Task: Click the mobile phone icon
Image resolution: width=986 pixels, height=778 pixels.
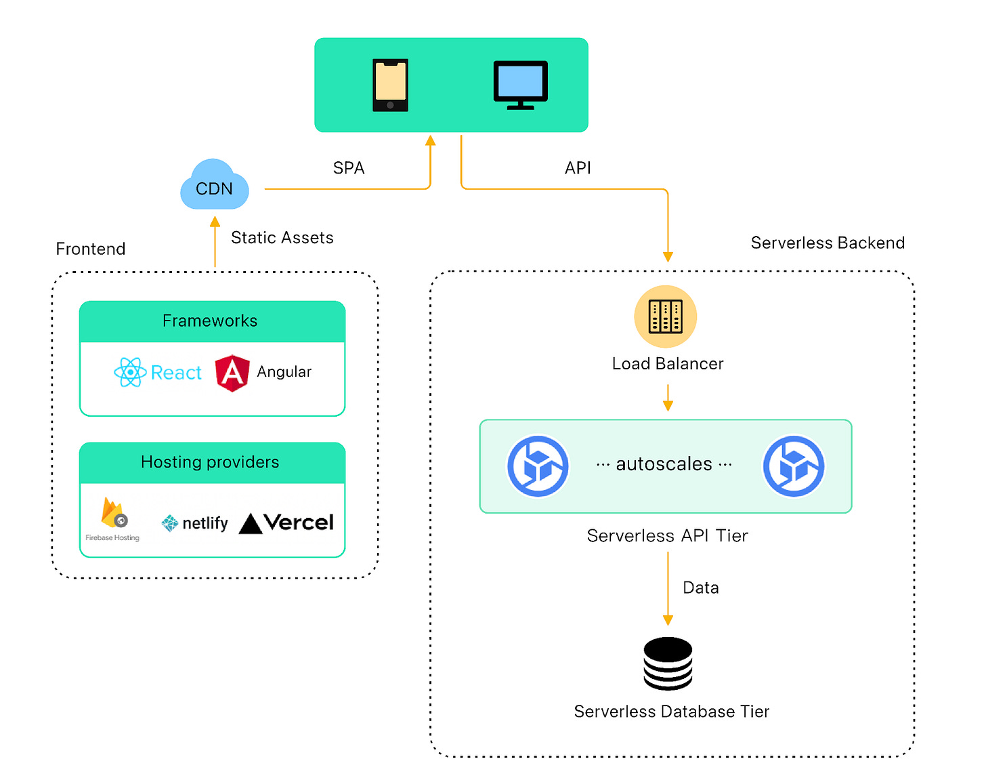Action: pyautogui.click(x=390, y=85)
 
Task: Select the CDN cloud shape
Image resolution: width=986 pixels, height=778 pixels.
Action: pyautogui.click(x=215, y=186)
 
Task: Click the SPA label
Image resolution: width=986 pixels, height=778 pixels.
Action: pyautogui.click(x=349, y=168)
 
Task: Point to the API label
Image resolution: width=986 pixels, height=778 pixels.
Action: pyautogui.click(x=578, y=168)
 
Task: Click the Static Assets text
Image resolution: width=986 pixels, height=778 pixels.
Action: pyautogui.click(x=282, y=238)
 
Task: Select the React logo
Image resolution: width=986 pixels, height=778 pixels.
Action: pyautogui.click(x=158, y=372)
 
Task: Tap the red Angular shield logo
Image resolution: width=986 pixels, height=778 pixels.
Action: pyautogui.click(x=232, y=373)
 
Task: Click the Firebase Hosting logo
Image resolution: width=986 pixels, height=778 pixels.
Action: pyautogui.click(x=113, y=519)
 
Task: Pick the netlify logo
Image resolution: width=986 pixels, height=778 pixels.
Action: pyautogui.click(x=194, y=523)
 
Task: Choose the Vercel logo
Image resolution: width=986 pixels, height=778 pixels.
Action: pyautogui.click(x=286, y=523)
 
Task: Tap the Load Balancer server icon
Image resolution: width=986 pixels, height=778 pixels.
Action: pyautogui.click(x=665, y=316)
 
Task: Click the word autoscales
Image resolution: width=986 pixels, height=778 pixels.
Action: pyautogui.click(x=664, y=464)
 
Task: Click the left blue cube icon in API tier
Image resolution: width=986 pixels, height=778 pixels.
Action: pyautogui.click(x=538, y=466)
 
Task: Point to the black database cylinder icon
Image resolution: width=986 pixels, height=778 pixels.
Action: pyautogui.click(x=668, y=663)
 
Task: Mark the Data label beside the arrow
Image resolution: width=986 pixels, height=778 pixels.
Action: pyautogui.click(x=700, y=588)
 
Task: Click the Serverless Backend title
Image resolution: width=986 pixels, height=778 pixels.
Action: pyautogui.click(x=828, y=243)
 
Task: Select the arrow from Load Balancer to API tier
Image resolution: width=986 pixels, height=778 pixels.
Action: pyautogui.click(x=668, y=398)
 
